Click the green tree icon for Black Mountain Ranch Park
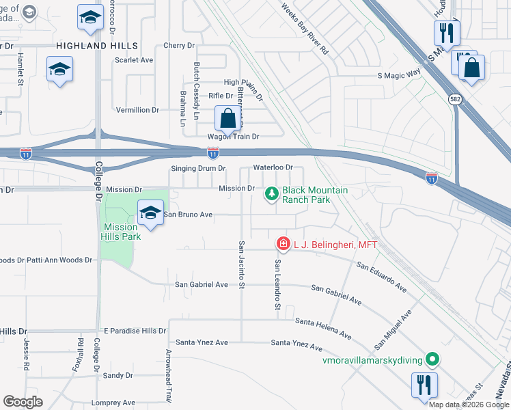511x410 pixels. (x=272, y=195)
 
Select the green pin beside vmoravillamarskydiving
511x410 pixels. (x=432, y=359)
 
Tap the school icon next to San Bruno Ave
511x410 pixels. (x=150, y=213)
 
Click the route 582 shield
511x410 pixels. (x=455, y=99)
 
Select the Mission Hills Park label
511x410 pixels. (x=122, y=232)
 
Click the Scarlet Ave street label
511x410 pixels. (x=134, y=60)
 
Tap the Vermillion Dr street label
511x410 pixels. (x=137, y=109)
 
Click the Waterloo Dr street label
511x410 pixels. (x=273, y=167)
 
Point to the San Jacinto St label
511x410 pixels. (x=241, y=264)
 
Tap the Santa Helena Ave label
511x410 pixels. (x=323, y=328)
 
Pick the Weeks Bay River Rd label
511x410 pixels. (x=305, y=28)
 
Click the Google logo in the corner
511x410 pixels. (x=23, y=402)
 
